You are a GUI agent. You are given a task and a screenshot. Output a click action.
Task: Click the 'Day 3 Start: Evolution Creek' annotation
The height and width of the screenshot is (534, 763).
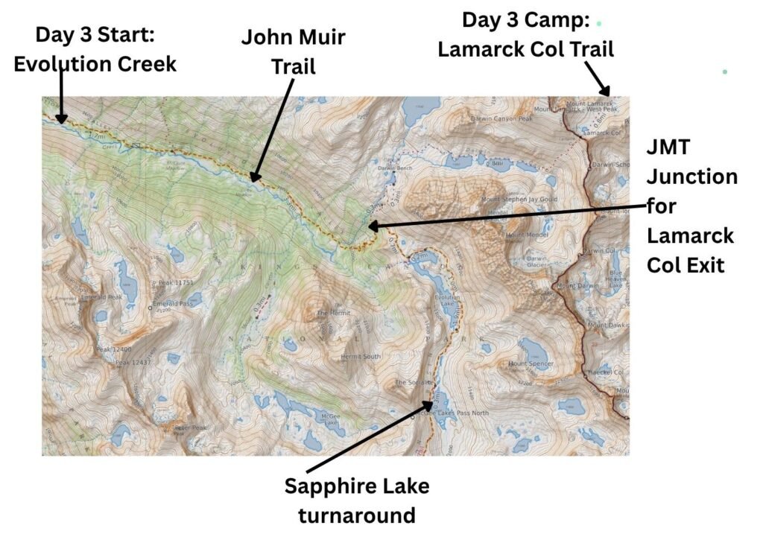point(95,49)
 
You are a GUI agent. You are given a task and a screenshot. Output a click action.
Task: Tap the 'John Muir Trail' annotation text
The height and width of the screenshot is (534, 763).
point(293,51)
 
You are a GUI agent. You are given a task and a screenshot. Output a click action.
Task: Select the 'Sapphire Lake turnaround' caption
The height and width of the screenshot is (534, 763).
point(357,500)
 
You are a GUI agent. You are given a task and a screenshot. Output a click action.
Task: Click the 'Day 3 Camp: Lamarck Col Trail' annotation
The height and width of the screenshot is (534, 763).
point(525,34)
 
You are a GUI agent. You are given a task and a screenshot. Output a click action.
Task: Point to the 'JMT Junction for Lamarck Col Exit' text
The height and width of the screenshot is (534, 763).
point(691,206)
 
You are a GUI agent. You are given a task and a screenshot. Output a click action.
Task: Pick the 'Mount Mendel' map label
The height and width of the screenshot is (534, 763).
point(528,236)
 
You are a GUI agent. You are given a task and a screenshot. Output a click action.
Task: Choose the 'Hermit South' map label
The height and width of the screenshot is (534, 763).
point(360,357)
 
